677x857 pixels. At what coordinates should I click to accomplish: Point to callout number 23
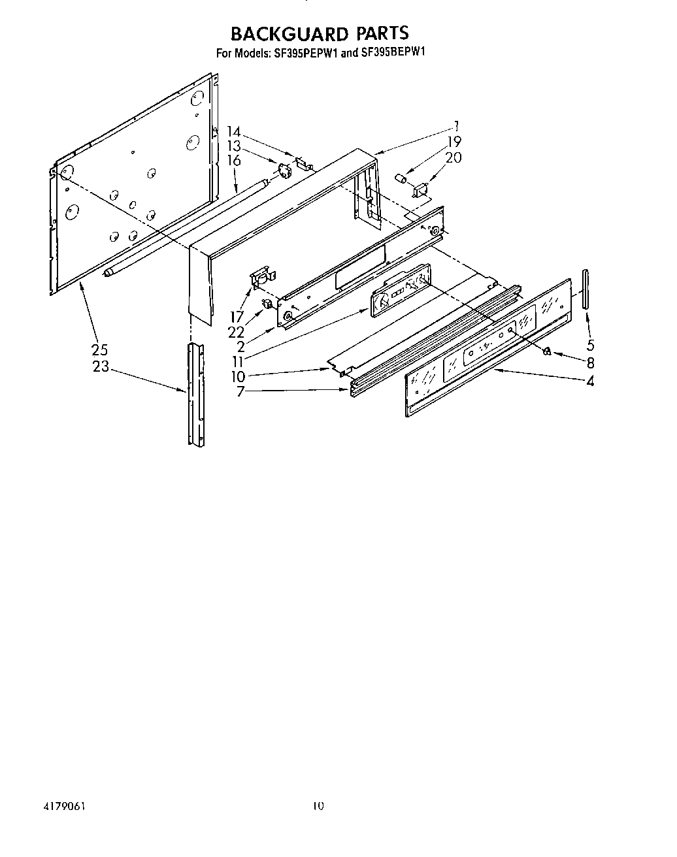(101, 366)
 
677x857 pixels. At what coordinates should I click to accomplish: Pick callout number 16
(234, 161)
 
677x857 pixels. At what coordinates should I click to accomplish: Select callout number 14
(234, 132)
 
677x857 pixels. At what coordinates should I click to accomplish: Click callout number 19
(454, 141)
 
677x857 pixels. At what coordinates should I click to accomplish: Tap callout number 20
(454, 157)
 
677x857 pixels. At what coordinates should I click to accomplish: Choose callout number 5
(590, 345)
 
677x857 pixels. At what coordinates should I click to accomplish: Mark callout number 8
(590, 363)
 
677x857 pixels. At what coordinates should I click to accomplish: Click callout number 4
(590, 381)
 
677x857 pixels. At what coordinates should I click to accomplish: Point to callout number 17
(236, 317)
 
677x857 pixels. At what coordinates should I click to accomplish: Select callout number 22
(236, 332)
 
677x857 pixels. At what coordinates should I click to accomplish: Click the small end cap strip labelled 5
(584, 287)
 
